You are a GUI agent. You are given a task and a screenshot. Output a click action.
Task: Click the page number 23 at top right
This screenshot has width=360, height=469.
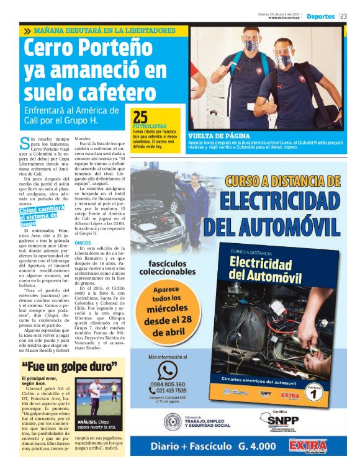[x=343, y=16]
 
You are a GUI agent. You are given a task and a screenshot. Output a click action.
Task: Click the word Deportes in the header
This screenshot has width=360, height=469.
[x=320, y=16]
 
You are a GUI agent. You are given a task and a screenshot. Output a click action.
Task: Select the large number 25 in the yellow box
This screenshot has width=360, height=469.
[x=140, y=117]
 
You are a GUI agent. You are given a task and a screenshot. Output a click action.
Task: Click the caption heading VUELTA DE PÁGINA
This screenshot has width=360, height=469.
[x=219, y=135]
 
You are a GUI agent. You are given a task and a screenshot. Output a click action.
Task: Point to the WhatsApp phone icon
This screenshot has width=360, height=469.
[x=167, y=370]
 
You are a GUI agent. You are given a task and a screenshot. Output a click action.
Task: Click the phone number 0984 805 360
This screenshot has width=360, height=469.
[x=168, y=385]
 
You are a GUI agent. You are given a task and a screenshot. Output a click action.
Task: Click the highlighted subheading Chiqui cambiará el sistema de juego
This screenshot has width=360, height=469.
[x=42, y=217]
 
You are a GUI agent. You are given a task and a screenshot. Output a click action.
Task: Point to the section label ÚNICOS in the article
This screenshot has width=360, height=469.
[x=83, y=243]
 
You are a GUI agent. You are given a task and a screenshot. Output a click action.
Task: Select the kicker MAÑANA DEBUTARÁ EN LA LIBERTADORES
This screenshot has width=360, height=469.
[x=106, y=30]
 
